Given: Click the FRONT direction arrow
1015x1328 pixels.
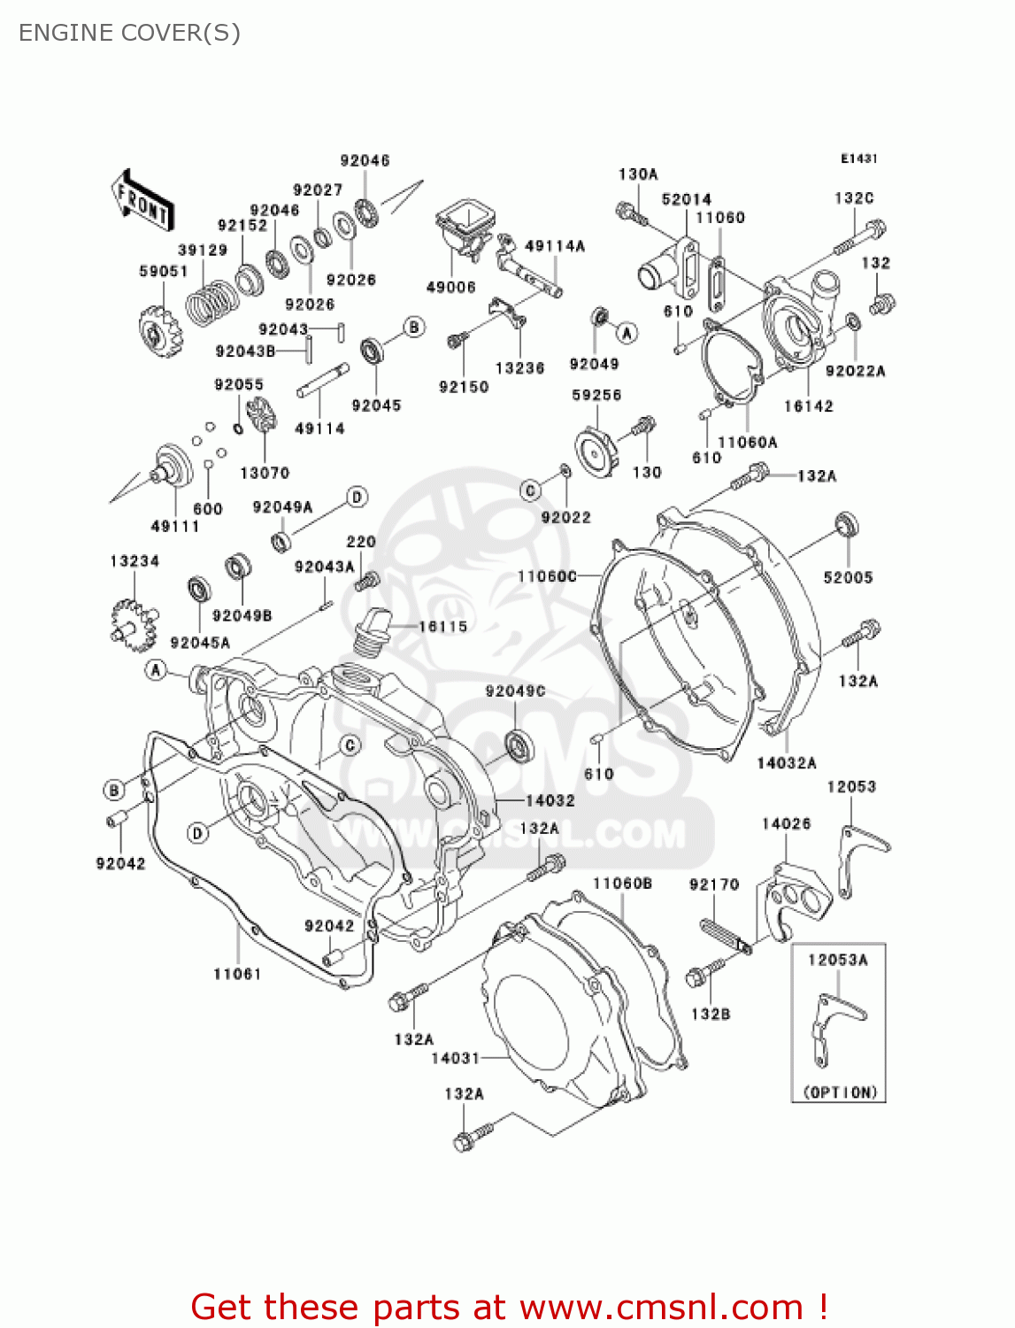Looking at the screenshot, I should (x=142, y=200).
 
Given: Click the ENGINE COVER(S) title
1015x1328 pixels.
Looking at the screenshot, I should (x=129, y=33).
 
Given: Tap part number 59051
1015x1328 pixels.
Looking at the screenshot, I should (x=164, y=271).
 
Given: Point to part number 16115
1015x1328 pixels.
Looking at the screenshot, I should (x=442, y=627).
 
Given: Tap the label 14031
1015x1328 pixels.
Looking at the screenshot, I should (x=455, y=1058).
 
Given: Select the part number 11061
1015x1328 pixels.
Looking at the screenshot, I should (x=237, y=974).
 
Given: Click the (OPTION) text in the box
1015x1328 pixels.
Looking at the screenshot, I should (x=839, y=1093).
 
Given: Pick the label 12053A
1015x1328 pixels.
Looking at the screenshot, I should (x=837, y=960).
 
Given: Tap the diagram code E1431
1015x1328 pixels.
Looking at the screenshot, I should (x=858, y=158).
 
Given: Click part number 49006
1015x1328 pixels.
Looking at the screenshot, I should (x=451, y=287).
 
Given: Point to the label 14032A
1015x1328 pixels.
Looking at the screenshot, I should (x=787, y=763).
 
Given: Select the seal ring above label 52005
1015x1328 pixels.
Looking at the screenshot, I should (x=847, y=523).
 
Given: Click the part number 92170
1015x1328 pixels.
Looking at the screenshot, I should (x=714, y=884).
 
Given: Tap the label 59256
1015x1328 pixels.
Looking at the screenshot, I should (x=596, y=395).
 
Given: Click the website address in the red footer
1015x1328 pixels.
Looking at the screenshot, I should (x=660, y=1308).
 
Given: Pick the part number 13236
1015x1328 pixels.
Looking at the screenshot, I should (x=519, y=368).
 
